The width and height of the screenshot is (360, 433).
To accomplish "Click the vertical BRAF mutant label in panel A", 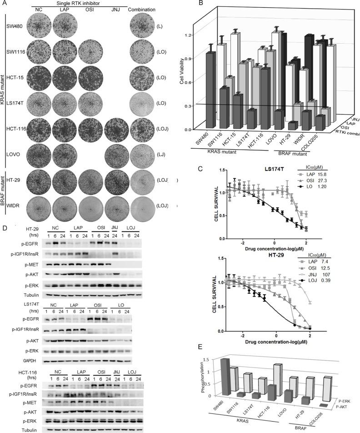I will point(5,199).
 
